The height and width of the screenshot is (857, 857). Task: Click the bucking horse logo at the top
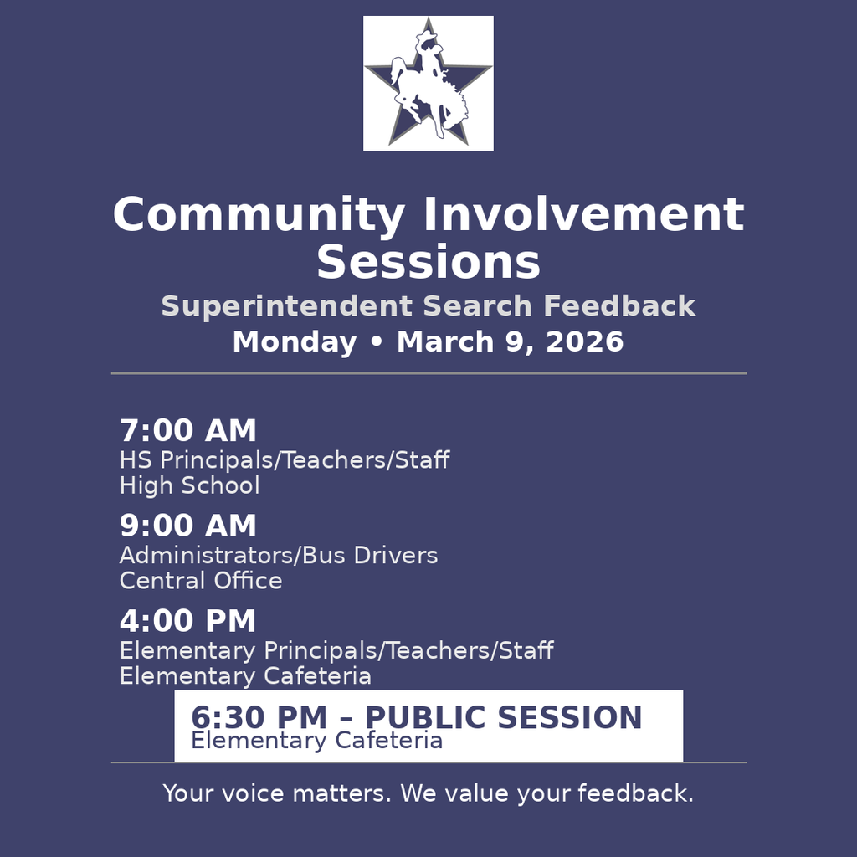click(428, 83)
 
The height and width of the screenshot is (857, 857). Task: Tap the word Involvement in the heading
click(583, 216)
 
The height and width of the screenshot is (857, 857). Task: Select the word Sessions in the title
click(428, 263)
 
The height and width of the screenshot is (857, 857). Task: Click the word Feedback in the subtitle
click(619, 307)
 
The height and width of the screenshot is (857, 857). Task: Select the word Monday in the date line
click(294, 342)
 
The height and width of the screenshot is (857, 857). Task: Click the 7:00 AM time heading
click(187, 432)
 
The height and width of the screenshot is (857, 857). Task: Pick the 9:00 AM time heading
click(187, 527)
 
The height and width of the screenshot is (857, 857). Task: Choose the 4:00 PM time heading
click(187, 622)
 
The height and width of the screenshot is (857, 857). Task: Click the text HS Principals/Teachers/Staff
click(284, 460)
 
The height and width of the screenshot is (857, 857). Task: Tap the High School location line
click(189, 486)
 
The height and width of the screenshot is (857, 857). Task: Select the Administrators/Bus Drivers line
click(278, 556)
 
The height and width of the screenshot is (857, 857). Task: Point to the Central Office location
click(201, 581)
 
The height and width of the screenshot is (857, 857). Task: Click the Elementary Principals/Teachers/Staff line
click(336, 650)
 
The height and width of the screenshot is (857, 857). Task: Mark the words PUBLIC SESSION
click(503, 718)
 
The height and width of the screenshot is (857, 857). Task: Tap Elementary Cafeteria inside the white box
click(316, 741)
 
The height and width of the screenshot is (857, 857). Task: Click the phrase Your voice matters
click(277, 793)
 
